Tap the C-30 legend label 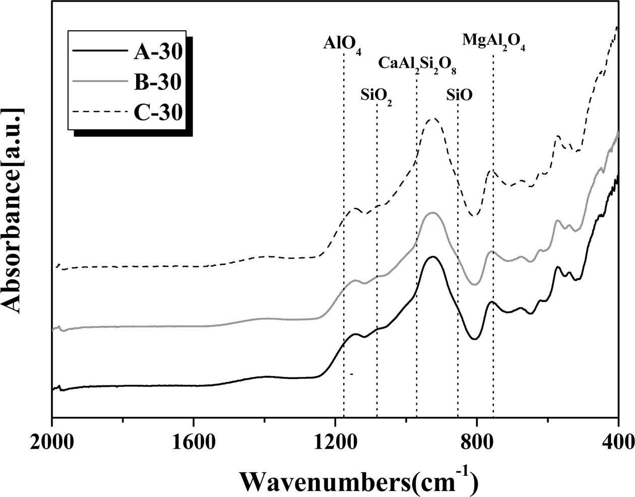[157, 111]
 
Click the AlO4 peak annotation [342, 44]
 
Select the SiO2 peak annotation [376, 96]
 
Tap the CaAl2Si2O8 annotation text [418, 65]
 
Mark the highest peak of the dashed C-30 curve [433, 119]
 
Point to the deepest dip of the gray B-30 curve [474, 284]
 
